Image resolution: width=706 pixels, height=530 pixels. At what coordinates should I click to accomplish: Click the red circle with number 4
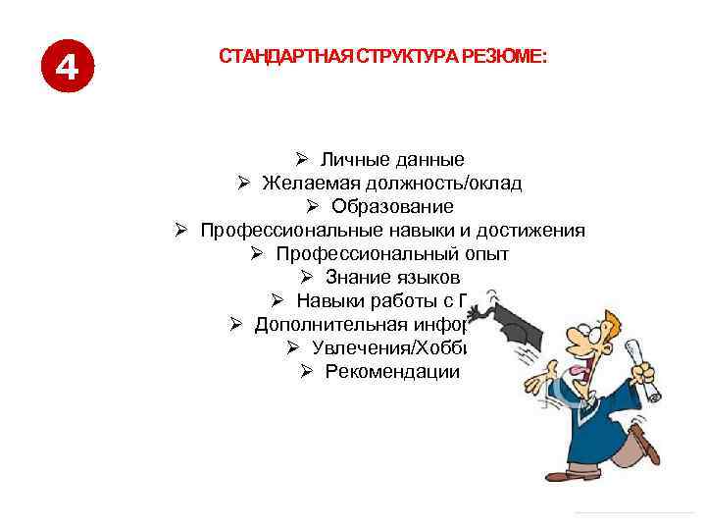click(66, 66)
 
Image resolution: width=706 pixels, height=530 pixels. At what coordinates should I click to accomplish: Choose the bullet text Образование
click(392, 206)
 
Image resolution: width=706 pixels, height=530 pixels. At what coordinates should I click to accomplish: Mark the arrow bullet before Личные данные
click(301, 159)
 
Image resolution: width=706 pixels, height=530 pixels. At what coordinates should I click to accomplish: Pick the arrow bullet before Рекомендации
click(306, 371)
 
